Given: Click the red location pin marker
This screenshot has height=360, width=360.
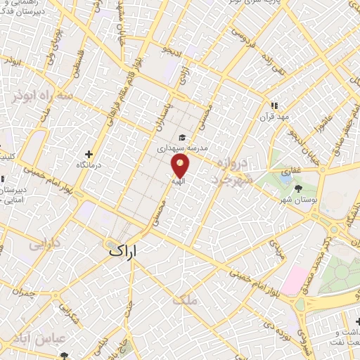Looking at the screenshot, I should tap(181, 165).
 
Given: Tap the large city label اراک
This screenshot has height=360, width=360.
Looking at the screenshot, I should tap(127, 250).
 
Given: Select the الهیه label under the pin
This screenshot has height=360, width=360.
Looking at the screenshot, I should tap(179, 181).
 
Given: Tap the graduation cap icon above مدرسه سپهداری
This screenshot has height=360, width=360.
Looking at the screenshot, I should tap(182, 138).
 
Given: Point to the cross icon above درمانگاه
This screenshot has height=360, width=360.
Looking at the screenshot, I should tap(89, 154).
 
